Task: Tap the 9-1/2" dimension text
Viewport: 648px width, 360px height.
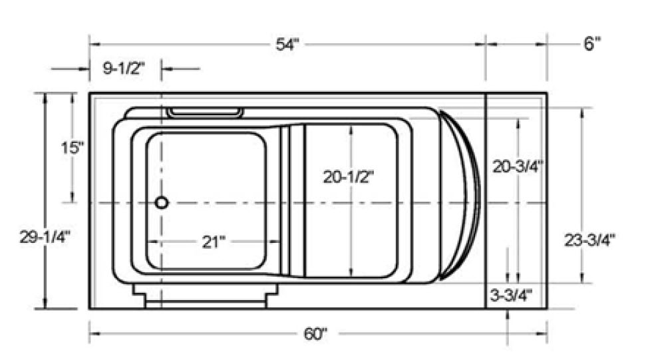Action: [124, 68]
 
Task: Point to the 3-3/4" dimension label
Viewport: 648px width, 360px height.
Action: [511, 294]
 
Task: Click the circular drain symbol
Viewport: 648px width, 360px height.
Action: [162, 202]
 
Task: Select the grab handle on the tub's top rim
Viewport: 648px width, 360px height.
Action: [204, 112]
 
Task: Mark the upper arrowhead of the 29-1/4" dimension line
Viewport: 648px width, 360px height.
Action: [46, 97]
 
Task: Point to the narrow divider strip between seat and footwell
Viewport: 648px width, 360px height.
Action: [285, 200]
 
